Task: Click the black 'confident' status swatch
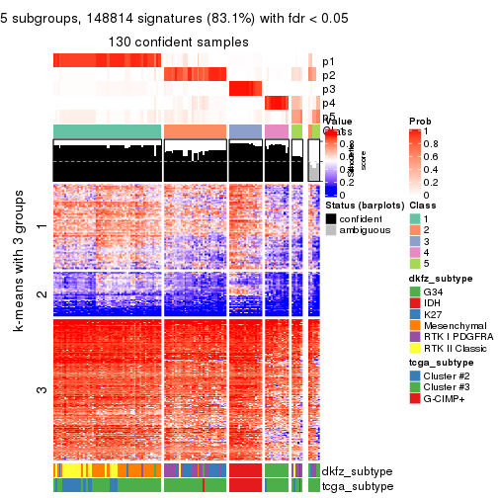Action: [332, 219]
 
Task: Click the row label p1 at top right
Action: [328, 61]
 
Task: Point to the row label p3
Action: [328, 89]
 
